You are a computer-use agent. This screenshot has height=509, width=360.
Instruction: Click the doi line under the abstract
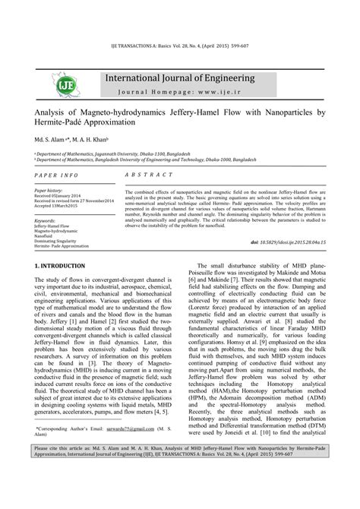tap(292, 220)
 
